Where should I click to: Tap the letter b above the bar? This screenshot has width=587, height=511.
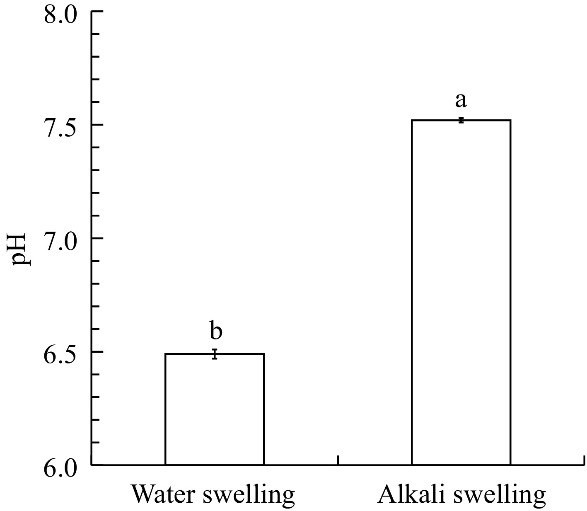215,331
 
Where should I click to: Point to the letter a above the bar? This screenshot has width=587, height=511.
461,100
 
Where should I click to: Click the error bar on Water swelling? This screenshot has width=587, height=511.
215,354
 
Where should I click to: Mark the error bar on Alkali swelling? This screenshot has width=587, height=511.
461,120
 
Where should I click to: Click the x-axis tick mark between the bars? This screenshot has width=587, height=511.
338,460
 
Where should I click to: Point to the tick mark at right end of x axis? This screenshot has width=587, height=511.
584,460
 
